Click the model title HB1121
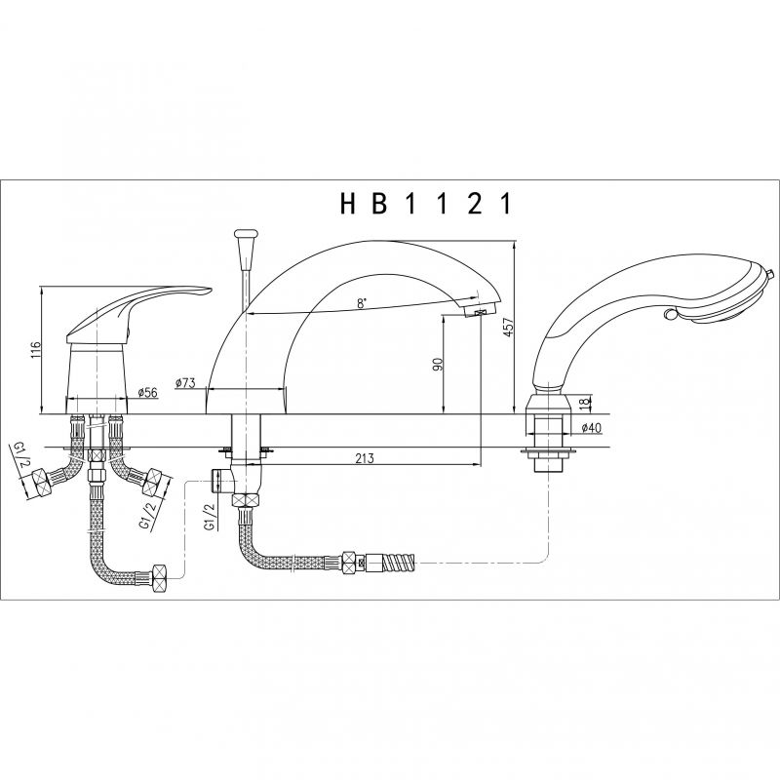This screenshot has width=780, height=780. (426, 204)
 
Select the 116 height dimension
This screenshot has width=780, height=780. (35, 346)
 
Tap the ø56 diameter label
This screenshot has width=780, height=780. (147, 393)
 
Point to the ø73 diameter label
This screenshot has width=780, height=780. (185, 383)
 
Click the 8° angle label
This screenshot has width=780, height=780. (362, 302)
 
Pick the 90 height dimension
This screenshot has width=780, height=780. (438, 365)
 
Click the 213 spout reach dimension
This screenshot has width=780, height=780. (365, 457)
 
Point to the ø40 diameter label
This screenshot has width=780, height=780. (591, 427)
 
